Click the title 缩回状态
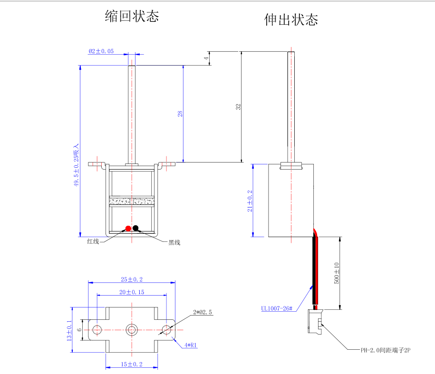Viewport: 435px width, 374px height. pyautogui.click(x=132, y=16)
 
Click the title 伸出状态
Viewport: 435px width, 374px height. pyautogui.click(x=291, y=19)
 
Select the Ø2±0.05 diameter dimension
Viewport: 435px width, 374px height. pyautogui.click(x=101, y=51)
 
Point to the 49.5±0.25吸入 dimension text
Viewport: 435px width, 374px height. pyautogui.click(x=76, y=165)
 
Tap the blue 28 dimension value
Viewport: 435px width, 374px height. pyautogui.click(x=180, y=114)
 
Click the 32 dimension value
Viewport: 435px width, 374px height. pyautogui.click(x=238, y=107)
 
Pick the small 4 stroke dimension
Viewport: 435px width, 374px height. pyautogui.click(x=206, y=58)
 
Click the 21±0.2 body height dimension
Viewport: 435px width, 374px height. pyautogui.click(x=250, y=201)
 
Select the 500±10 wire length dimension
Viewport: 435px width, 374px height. pyautogui.click(x=336, y=273)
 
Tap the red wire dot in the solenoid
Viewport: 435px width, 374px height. pyautogui.click(x=128, y=229)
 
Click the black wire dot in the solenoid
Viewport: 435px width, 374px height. pyautogui.click(x=135, y=228)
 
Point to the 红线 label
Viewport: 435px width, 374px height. pyautogui.click(x=93, y=241)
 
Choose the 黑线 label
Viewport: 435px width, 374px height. pyautogui.click(x=174, y=242)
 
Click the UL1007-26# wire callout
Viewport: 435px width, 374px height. pyautogui.click(x=277, y=308)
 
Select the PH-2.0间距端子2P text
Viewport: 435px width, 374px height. pyautogui.click(x=386, y=350)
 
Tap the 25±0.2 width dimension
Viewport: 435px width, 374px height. pyautogui.click(x=132, y=279)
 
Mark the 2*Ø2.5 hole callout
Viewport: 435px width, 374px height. pyautogui.click(x=203, y=312)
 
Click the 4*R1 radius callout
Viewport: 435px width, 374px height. pyautogui.click(x=191, y=345)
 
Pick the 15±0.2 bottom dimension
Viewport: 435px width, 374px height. pyautogui.click(x=132, y=364)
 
